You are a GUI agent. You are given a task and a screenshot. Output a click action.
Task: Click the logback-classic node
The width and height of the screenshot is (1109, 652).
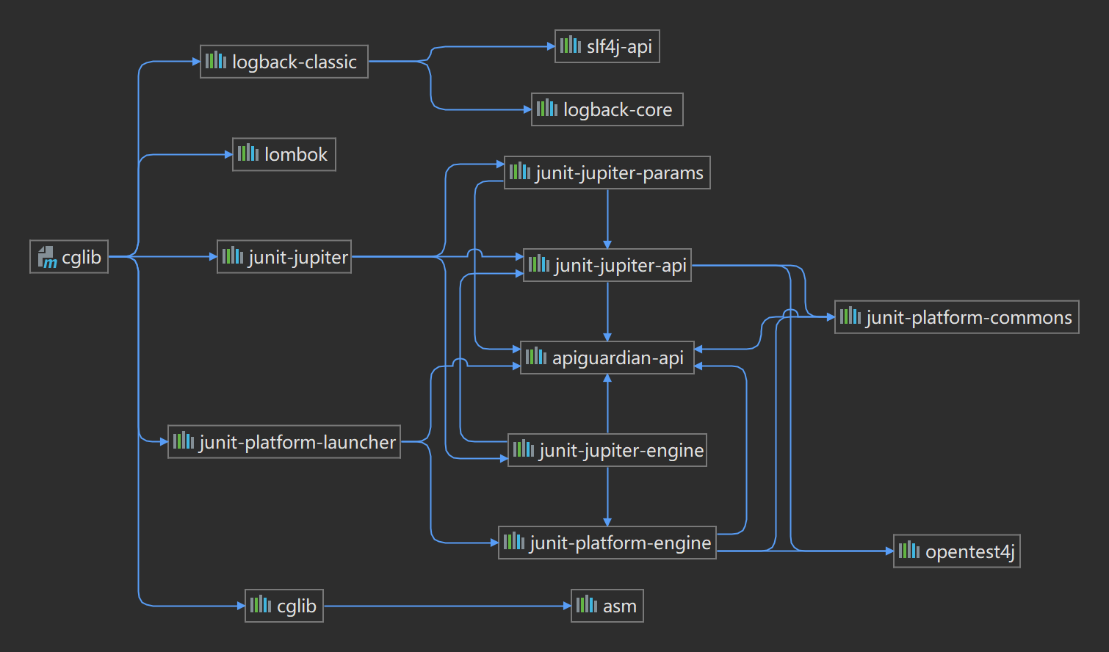point(283,62)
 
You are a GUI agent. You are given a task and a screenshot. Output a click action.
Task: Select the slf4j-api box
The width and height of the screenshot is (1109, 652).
point(607,46)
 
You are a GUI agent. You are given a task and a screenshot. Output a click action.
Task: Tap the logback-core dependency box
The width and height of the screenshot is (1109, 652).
point(607,109)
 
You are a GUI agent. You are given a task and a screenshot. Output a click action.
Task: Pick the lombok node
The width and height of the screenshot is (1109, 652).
point(283,154)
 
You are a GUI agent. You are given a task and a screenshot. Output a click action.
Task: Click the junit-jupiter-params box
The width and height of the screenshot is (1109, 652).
point(607,173)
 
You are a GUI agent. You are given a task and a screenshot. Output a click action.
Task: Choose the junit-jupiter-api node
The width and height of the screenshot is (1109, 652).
point(607,265)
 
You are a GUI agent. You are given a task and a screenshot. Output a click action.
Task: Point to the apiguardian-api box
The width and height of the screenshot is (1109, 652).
point(607,358)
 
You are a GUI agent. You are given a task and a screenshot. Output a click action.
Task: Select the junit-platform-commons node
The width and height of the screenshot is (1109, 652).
point(956,317)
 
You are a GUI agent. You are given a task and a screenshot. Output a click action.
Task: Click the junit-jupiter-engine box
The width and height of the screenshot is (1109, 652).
point(607,450)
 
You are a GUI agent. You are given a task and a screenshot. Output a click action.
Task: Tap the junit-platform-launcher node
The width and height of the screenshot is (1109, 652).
point(283,442)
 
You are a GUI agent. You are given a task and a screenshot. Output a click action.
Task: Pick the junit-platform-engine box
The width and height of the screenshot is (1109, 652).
point(607,543)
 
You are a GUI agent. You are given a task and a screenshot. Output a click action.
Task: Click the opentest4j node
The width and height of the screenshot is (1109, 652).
point(956,551)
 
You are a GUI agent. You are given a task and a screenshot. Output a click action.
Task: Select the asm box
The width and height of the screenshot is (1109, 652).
point(607,606)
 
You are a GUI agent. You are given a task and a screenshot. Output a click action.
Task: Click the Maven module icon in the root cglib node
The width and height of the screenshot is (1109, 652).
point(47,257)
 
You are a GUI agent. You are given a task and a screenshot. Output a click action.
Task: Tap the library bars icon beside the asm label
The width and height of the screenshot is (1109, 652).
point(586,605)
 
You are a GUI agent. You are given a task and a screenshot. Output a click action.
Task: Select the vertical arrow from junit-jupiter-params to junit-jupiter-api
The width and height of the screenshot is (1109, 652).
point(607,218)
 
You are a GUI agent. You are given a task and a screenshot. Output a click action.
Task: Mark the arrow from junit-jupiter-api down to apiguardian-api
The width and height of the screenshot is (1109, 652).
point(607,311)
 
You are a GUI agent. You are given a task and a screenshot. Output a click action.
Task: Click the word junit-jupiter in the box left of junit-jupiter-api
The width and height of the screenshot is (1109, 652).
point(298,257)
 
